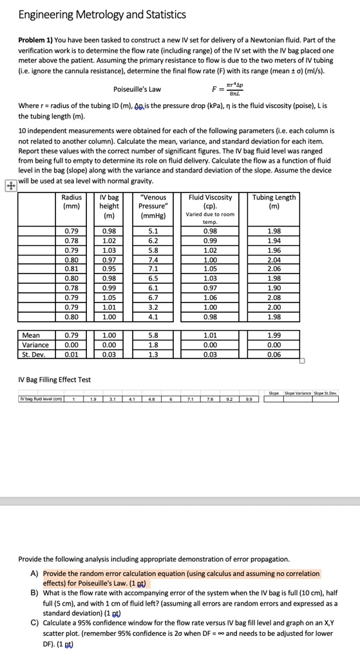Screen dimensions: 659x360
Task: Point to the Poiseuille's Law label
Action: click(137, 89)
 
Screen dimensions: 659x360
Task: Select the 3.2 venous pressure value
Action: click(153, 308)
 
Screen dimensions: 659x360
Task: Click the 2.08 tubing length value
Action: click(274, 298)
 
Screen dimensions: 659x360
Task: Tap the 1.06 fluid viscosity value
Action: click(210, 298)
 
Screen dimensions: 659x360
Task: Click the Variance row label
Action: click(35, 344)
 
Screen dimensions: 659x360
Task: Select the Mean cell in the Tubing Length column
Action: click(274, 335)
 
